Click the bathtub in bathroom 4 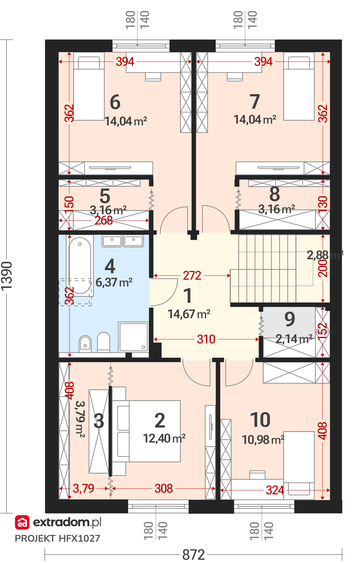(x=80, y=265)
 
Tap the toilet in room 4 (x=104, y=342)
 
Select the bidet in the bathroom (x=85, y=344)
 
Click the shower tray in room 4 (x=133, y=337)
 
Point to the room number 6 (x=115, y=102)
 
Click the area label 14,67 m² (x=189, y=314)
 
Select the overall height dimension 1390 (x=7, y=276)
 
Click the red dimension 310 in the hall (x=206, y=339)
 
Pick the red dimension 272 (x=192, y=276)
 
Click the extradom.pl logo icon (x=22, y=523)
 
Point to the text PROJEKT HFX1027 (x=58, y=538)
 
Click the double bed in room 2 (x=146, y=431)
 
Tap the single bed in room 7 (x=299, y=86)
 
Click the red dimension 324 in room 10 (x=275, y=490)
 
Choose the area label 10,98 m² (x=263, y=440)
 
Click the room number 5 (x=105, y=196)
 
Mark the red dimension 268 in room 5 (x=104, y=220)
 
